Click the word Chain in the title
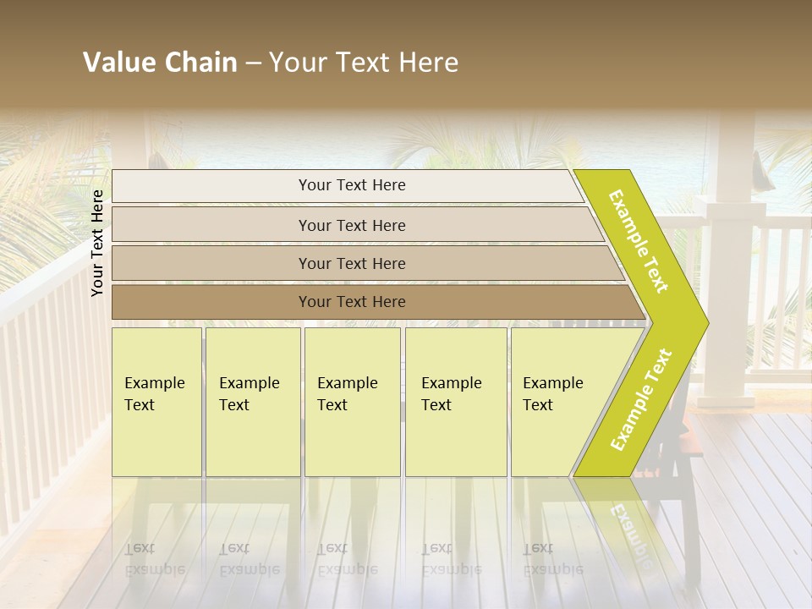200,63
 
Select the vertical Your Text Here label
98,243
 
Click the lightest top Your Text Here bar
352,185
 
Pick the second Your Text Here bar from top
352,225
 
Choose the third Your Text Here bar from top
352,263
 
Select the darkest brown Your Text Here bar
352,302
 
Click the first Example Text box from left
156,402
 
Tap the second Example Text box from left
253,402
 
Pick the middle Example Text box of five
352,402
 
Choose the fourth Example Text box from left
456,402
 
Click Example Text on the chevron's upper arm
639,241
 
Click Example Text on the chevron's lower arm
640,400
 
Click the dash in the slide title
253,63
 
